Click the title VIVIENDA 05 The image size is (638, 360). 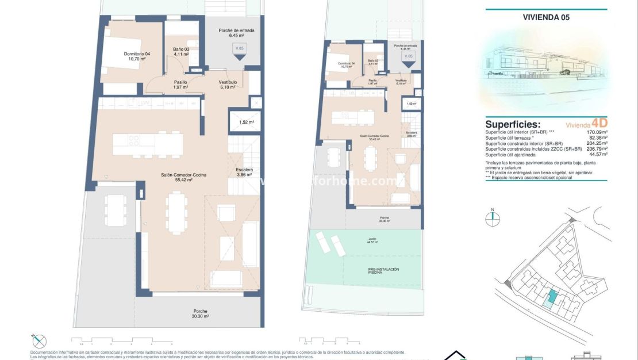[x=546, y=17]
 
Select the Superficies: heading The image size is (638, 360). [x=513, y=124]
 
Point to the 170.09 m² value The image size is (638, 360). [x=595, y=132]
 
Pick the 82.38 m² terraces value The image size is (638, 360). [x=597, y=138]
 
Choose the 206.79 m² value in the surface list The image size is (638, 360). [x=595, y=149]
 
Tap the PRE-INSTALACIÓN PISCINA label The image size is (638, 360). [x=383, y=271]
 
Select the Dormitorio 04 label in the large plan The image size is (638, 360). [x=136, y=56]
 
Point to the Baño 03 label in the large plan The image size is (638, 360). [x=181, y=52]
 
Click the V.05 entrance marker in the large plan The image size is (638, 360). [x=239, y=51]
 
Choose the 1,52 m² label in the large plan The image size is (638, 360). [x=246, y=122]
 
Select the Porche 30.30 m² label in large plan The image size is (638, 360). [x=201, y=313]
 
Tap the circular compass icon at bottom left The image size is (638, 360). [x=39, y=340]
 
